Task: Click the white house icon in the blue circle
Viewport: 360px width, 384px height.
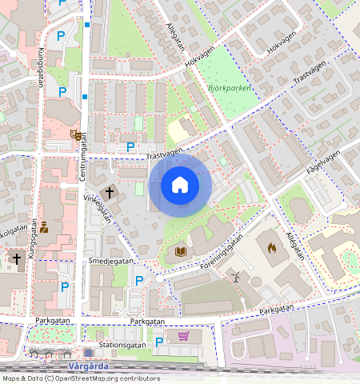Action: (x=180, y=186)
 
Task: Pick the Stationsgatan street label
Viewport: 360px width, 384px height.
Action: (x=122, y=345)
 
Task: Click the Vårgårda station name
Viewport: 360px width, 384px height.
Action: (x=112, y=366)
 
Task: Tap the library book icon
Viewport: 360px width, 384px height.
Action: (x=180, y=252)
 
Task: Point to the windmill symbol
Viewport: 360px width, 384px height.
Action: (x=236, y=276)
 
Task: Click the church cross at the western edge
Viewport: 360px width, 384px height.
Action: (x=16, y=258)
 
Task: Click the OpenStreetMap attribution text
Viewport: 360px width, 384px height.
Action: (x=81, y=378)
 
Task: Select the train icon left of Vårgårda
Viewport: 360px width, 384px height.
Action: (x=88, y=352)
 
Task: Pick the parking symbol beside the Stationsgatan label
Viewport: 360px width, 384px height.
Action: (x=158, y=342)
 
